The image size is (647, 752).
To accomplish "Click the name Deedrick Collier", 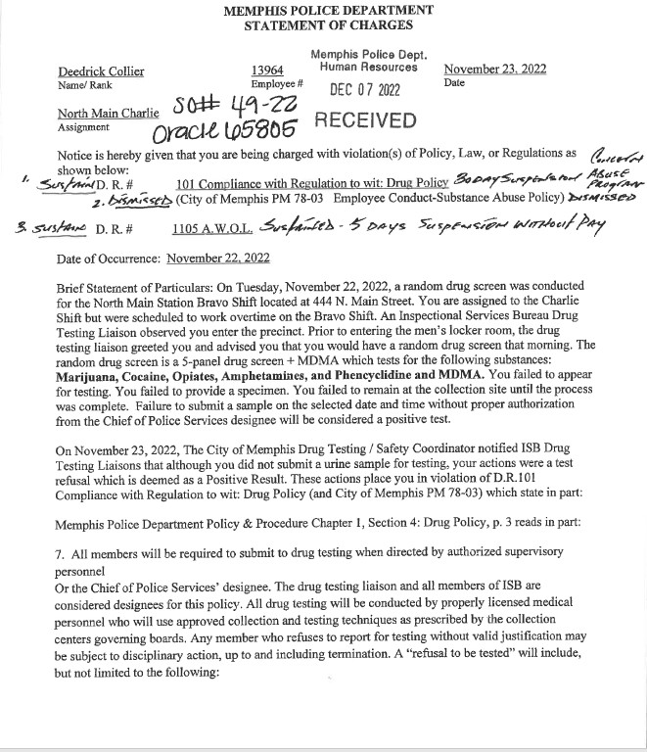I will (101, 70).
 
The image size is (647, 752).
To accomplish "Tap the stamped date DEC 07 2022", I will (363, 90).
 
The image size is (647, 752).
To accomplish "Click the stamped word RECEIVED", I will (363, 120).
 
